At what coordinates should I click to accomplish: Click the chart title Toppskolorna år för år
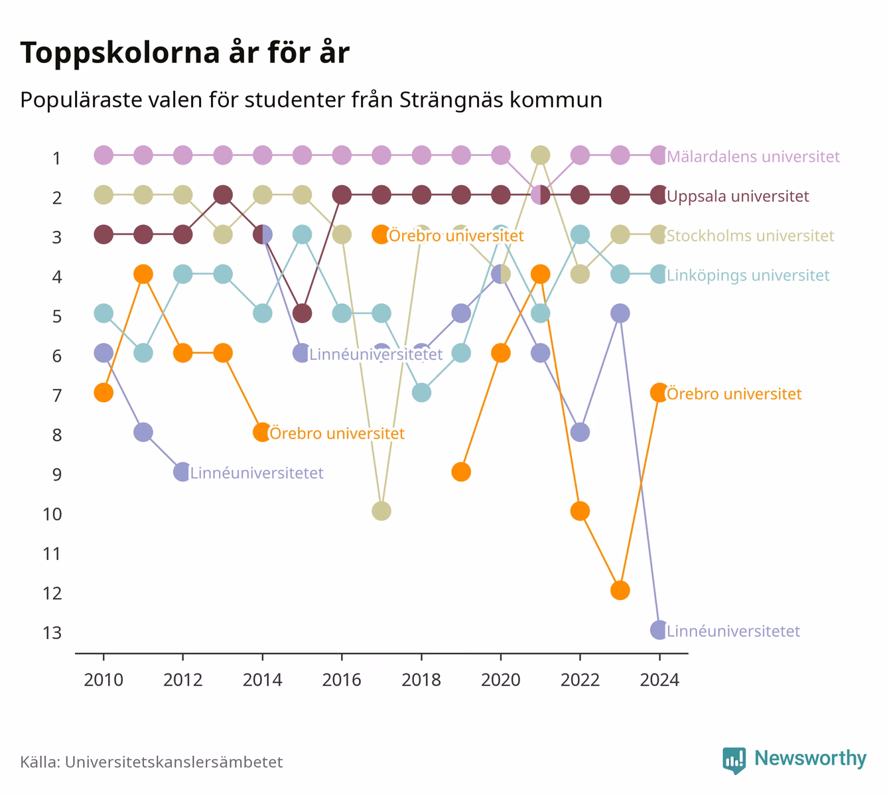point(184,52)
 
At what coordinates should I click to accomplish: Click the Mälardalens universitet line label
point(753,156)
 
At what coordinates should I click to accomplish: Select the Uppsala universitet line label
point(738,196)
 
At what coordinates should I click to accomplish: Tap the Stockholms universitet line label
point(750,236)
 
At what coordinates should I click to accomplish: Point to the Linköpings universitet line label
point(748,275)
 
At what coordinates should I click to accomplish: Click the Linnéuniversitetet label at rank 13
point(733,631)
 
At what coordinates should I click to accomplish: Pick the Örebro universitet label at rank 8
point(337,433)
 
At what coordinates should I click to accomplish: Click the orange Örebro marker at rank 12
point(620,591)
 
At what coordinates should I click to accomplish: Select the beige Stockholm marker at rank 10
point(381,511)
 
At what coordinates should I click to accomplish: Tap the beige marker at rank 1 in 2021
point(541,155)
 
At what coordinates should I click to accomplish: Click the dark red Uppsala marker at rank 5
point(302,313)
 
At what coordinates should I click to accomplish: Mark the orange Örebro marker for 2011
point(143,274)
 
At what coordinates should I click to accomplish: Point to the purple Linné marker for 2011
point(143,433)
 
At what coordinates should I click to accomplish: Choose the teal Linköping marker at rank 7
point(421,392)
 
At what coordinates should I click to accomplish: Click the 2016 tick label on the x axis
point(342,680)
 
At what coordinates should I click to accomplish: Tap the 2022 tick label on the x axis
point(580,680)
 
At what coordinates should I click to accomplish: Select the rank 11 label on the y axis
point(52,554)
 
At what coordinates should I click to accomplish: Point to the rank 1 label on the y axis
point(56,158)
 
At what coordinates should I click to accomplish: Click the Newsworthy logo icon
point(734,760)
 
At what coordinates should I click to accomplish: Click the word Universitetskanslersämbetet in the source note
point(174,762)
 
